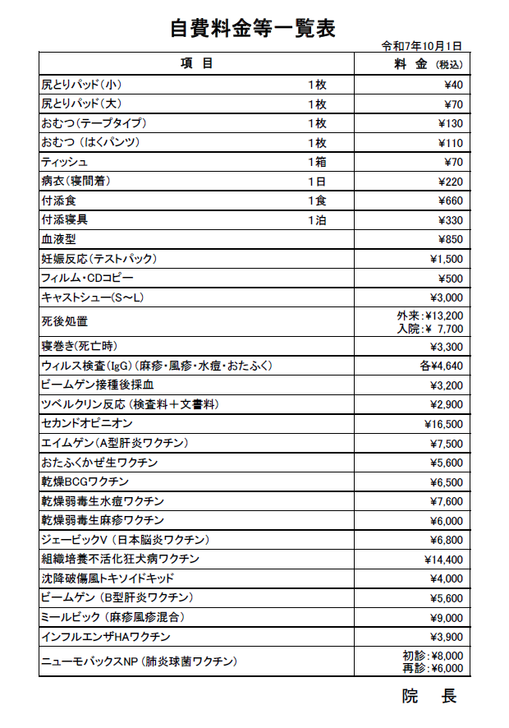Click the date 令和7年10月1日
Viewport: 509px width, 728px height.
422,46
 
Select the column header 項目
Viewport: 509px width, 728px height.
196,64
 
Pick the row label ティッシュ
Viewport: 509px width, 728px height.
65,162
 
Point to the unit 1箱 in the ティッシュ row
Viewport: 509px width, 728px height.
318,162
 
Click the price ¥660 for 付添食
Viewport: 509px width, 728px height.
450,200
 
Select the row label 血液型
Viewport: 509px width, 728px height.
58,239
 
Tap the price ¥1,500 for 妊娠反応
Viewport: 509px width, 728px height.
447,259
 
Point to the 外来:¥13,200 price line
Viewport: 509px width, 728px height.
429,315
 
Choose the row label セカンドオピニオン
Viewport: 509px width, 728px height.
86,424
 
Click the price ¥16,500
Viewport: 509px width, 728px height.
444,424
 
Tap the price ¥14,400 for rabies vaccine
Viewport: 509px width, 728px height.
444,560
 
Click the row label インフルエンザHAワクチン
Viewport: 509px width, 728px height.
105,637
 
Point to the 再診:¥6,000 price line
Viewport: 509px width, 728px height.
433,668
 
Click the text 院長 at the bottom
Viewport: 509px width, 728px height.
429,697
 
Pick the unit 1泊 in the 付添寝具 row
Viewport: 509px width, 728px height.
318,220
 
